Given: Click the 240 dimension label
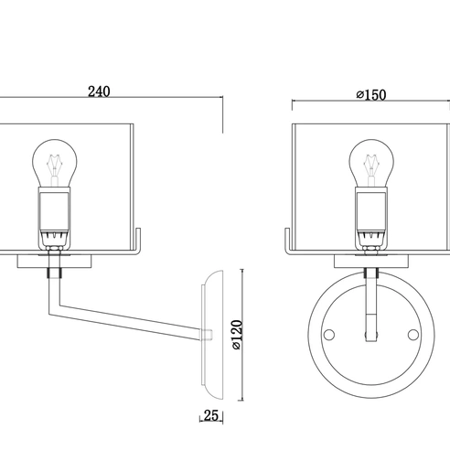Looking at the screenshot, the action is click(x=99, y=91).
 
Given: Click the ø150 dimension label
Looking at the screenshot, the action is click(x=371, y=95).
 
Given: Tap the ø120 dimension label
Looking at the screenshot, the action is click(x=237, y=335).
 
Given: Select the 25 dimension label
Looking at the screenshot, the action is click(x=211, y=415).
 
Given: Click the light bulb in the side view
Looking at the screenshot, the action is click(x=55, y=163).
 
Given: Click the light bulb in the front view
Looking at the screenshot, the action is click(x=371, y=163).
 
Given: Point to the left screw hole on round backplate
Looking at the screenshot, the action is click(x=329, y=335).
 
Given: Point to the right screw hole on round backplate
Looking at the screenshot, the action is click(x=413, y=335).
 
